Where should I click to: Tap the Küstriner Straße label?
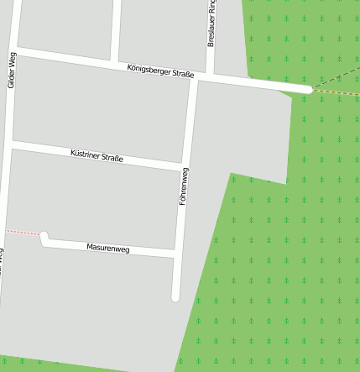(x=97, y=155)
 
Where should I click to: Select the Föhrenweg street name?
(x=184, y=186)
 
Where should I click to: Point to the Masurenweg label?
(x=108, y=249)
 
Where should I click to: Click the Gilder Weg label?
(x=11, y=70)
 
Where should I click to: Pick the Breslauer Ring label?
(x=211, y=24)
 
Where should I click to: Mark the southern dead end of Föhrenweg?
(x=176, y=296)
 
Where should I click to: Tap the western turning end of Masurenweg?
(x=44, y=237)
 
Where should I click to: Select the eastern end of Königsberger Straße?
(x=309, y=89)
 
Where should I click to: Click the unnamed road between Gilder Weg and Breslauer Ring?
(x=115, y=29)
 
